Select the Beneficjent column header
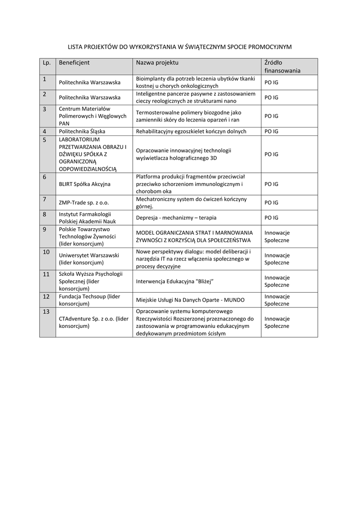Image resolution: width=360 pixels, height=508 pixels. click(x=74, y=63)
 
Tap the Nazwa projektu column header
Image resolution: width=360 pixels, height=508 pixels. click(x=157, y=63)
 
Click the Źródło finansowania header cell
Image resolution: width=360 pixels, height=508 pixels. click(x=282, y=66)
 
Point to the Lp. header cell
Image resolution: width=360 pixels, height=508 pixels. click(x=47, y=63)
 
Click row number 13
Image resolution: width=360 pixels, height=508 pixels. click(x=46, y=312)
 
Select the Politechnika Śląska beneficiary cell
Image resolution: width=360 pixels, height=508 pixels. click(x=82, y=131)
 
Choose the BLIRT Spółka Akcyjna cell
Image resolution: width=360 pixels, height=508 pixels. click(x=84, y=184)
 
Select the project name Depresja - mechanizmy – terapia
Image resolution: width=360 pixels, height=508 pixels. click(x=176, y=218)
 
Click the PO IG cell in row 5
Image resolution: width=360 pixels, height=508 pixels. click(x=271, y=154)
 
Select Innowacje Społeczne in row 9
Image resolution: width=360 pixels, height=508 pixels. click(x=277, y=237)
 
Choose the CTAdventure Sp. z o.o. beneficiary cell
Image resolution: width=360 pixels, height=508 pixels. click(x=94, y=322)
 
